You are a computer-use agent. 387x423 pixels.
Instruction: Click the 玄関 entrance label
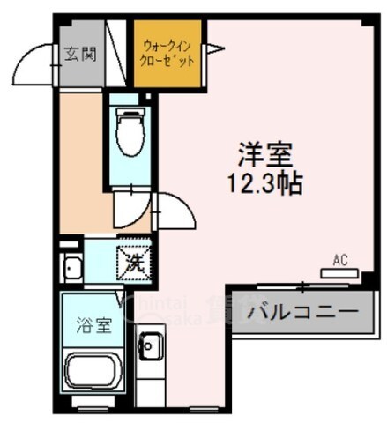pyautogui.click(x=80, y=53)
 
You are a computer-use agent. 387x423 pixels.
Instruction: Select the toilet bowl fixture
pyautogui.click(x=130, y=135)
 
